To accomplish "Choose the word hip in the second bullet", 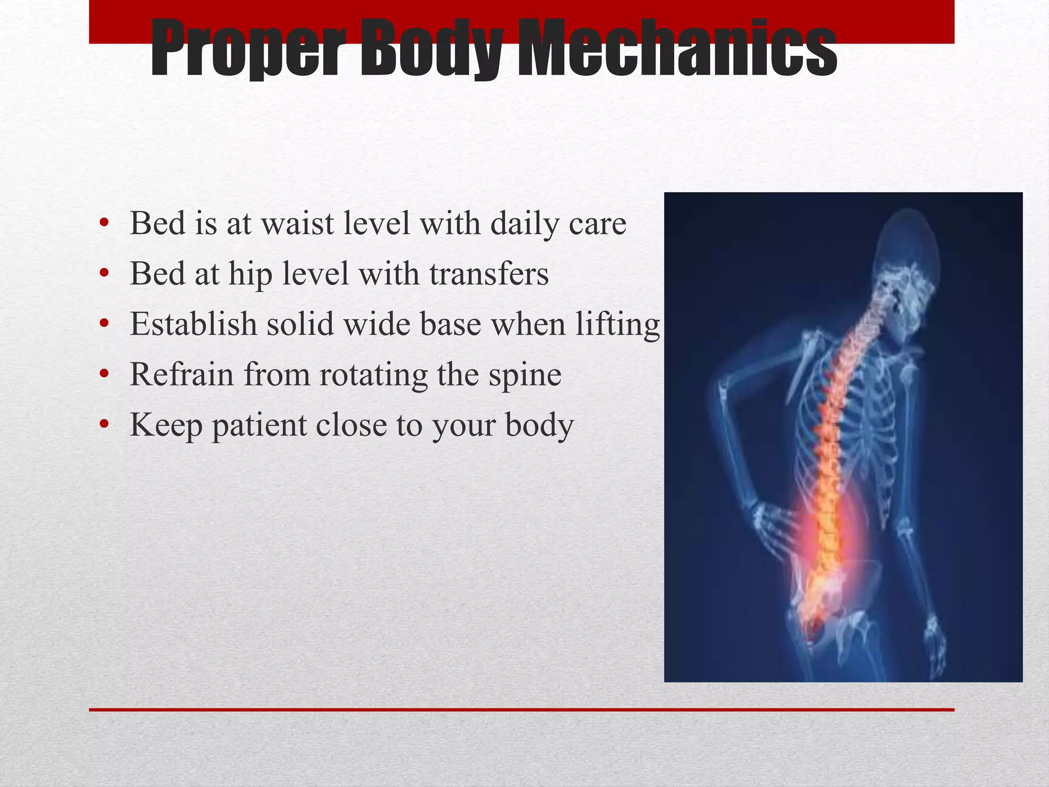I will coord(250,274).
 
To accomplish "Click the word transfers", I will coord(489,274).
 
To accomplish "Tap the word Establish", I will coord(193,324).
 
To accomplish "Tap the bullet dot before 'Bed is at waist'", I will coord(104,223).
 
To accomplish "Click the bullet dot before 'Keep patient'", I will coord(104,424).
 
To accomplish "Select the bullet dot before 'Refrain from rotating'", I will coord(104,374).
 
